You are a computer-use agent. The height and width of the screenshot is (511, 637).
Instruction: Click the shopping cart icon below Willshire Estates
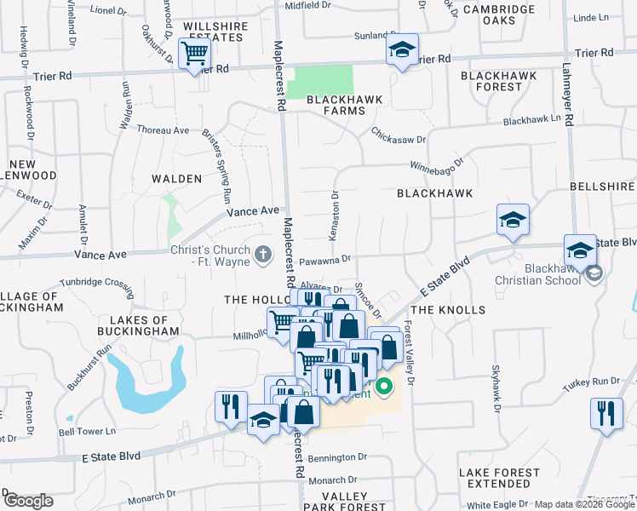click(195, 54)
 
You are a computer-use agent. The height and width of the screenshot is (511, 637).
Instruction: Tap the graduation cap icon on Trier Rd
click(402, 50)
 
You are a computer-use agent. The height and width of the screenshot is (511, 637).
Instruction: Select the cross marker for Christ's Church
click(263, 253)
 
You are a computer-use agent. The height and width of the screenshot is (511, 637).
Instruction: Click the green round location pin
click(384, 388)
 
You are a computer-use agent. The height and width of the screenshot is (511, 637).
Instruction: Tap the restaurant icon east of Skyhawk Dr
click(605, 414)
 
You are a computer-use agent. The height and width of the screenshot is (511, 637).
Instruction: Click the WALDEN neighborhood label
click(176, 179)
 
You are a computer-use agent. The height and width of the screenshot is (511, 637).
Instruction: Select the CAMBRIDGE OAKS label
click(499, 16)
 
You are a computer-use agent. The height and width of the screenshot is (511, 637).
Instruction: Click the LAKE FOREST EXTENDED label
click(499, 478)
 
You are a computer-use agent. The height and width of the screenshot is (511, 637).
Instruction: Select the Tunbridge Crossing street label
click(96, 283)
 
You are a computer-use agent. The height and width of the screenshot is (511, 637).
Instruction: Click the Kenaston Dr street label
click(335, 215)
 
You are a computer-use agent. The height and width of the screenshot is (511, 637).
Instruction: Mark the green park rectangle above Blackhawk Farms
click(320, 81)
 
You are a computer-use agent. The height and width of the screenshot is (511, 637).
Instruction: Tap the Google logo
click(27, 501)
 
